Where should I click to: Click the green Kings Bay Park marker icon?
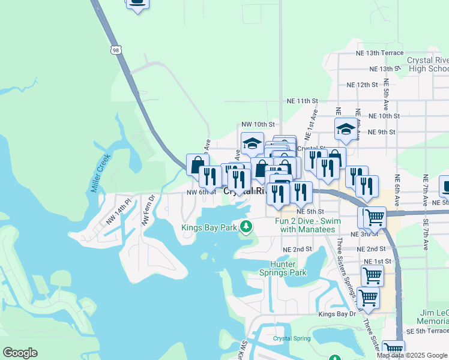[246, 227]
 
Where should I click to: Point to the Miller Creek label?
[101, 173]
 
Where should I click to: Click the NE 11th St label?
[302, 101]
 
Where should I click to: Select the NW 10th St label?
[258, 124]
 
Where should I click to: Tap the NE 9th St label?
[381, 132]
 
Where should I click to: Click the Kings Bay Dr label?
[337, 314]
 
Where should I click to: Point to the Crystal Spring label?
[292, 338]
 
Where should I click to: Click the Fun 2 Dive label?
[308, 225]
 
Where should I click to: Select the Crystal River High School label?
[427, 64]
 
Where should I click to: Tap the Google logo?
[20, 352]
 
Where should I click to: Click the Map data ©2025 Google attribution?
[412, 355]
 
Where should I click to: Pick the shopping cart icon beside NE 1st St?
[372, 275]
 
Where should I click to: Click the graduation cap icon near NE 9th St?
[345, 128]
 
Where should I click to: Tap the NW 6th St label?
[201, 192]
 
